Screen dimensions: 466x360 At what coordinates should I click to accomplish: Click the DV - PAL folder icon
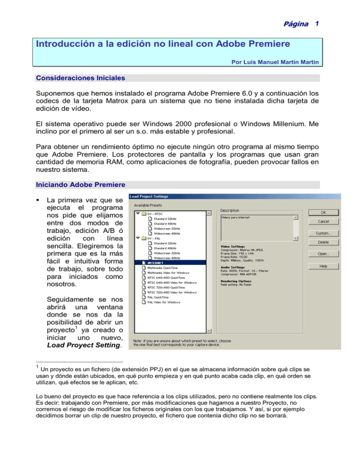point(145,238)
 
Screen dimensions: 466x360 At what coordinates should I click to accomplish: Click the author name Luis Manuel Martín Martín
point(280,61)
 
